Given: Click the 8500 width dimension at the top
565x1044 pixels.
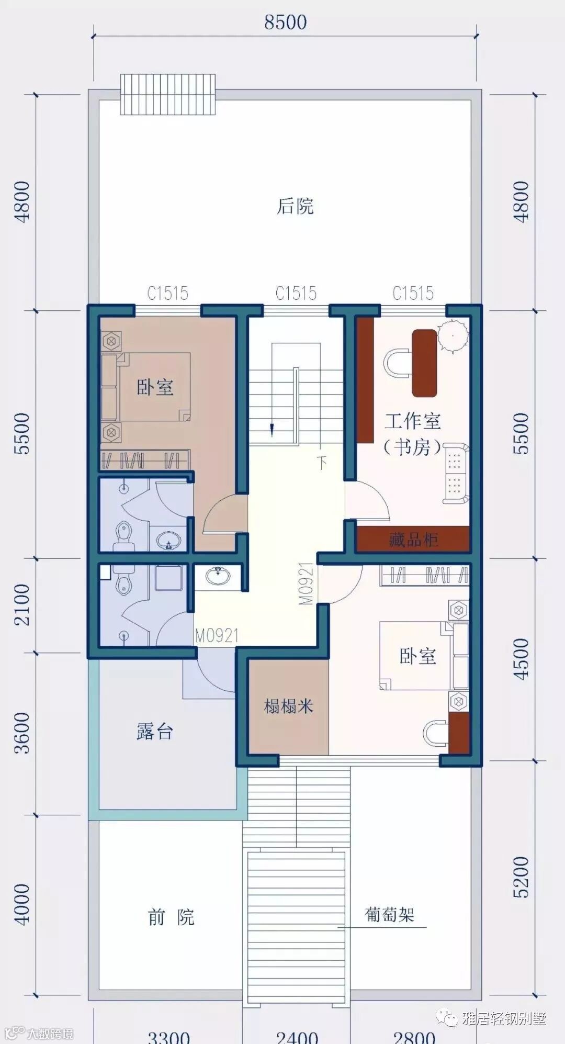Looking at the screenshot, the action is coord(285,23).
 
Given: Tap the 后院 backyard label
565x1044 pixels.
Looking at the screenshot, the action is coord(295,206).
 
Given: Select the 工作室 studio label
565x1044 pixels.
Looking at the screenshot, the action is coord(413,421).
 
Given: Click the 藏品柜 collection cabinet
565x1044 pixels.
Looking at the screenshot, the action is coord(413,539).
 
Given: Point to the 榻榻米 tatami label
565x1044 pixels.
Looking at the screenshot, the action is coord(289,706).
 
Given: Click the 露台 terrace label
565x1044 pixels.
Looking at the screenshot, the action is coord(155,731).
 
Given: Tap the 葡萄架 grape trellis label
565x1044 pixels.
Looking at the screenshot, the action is coord(390,914).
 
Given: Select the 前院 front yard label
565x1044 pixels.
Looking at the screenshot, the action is coord(171,917).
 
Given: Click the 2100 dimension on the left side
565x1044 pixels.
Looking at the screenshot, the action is coord(22,605).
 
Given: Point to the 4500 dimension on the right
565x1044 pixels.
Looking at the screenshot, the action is coord(521,659).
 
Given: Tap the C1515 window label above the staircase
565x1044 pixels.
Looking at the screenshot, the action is coord(296,293).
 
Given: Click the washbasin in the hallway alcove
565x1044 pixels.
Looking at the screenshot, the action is coord(218,576).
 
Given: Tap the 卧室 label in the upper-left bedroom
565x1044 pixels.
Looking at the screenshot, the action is coord(155,388).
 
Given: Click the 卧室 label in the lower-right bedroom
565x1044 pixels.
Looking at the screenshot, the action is coord(417,656).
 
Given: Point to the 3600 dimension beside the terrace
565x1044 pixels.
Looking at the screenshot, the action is coord(22,733).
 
